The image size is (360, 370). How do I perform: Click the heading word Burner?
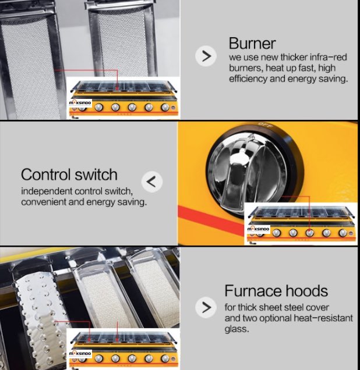click(252, 44)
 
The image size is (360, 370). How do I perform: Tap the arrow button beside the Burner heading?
click(206, 56)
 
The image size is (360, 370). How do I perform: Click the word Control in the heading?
click(45, 175)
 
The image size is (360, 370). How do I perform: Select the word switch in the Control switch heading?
click(96, 175)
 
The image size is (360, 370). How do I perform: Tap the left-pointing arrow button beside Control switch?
click(151, 182)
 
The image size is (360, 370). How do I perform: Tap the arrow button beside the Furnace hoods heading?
click(206, 307)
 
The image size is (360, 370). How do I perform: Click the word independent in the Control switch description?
click(47, 191)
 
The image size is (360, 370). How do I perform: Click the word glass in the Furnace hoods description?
click(237, 329)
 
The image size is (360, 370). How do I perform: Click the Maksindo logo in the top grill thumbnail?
click(80, 103)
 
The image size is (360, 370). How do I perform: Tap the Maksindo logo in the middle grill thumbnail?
click(258, 229)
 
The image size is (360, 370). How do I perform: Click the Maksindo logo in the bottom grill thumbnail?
click(80, 354)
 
